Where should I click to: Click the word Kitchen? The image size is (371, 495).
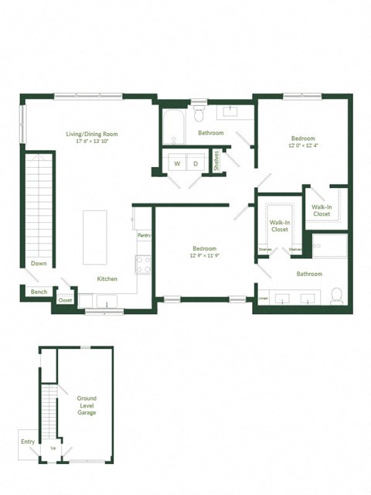107,278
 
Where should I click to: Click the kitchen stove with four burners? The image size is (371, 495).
144,265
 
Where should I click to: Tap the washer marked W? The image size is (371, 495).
177,164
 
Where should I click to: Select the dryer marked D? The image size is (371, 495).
196,164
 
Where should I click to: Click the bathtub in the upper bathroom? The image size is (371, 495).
173,128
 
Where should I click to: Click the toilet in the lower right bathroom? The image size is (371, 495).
336,295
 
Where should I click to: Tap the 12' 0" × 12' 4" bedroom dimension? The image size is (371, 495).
302,146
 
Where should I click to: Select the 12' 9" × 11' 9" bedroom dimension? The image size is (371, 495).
205,257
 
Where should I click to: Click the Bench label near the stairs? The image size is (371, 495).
39,292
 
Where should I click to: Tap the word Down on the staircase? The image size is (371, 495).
39,264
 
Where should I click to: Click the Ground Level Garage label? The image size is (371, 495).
87,405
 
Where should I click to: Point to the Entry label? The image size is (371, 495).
28,442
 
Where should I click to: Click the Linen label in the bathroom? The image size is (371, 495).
264,299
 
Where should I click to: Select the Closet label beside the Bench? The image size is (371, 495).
65,300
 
